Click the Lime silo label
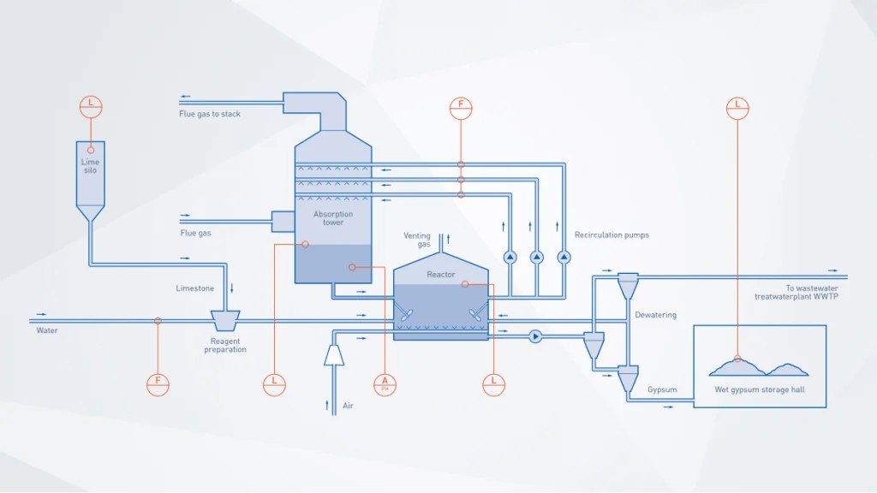click(x=90, y=166)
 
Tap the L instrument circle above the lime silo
click(x=91, y=106)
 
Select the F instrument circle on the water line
click(x=158, y=384)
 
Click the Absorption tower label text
click(x=333, y=218)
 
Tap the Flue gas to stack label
click(x=210, y=114)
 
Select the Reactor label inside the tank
click(x=441, y=275)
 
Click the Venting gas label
click(x=417, y=240)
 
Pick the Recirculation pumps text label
click(x=612, y=235)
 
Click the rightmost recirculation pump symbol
click(x=564, y=257)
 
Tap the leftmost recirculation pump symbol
click(x=510, y=257)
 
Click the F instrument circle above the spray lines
click(x=461, y=108)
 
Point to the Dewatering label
click(x=655, y=315)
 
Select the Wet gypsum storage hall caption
click(x=759, y=390)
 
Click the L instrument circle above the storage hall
click(x=737, y=108)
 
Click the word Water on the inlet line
click(x=47, y=330)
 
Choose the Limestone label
click(x=195, y=288)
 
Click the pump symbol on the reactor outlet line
click(x=535, y=336)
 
